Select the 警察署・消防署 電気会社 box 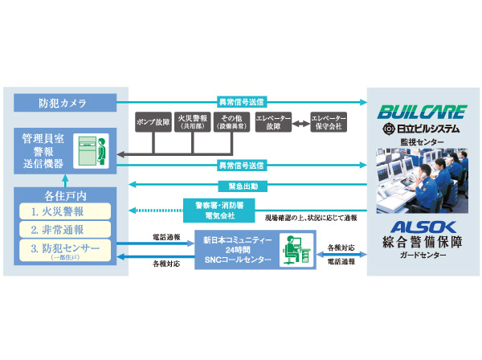[214, 211]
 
